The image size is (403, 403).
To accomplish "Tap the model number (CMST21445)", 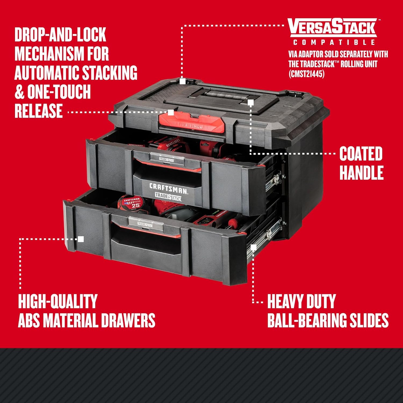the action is [307, 74].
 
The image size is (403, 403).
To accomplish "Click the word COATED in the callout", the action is [361, 154].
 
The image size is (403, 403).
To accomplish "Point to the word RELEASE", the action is [39, 111].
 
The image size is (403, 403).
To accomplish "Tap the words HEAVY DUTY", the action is [301, 301].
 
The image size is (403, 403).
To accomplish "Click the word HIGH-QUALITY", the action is [57, 301].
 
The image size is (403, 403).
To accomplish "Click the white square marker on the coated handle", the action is [251, 102].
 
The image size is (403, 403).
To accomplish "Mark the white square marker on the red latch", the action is [171, 112].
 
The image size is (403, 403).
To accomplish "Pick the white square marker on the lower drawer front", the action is [81, 239].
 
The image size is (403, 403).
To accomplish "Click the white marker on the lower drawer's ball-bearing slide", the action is [253, 247].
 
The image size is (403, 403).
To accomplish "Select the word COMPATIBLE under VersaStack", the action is [334, 42].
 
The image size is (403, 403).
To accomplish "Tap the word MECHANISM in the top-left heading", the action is [62, 53].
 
